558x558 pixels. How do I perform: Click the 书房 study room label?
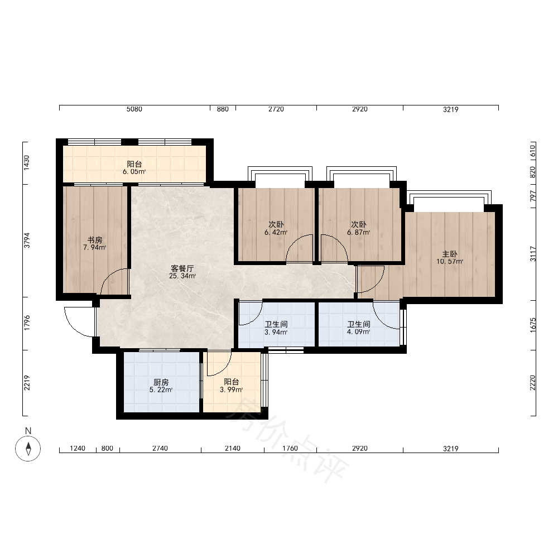[95, 240]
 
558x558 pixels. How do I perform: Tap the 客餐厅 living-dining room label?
[182, 268]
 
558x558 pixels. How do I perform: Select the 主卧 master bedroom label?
[450, 254]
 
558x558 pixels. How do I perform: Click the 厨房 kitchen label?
[161, 382]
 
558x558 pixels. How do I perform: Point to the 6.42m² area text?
[276, 232]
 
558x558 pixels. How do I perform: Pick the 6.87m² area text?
[359, 232]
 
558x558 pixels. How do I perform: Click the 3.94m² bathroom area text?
[276, 333]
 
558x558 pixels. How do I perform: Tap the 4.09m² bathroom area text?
[359, 333]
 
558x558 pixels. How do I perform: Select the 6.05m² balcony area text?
[134, 171]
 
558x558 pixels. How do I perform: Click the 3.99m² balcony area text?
[232, 389]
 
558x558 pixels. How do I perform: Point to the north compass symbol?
[28, 448]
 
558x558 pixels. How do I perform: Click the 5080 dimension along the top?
[134, 109]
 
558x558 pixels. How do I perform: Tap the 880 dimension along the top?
[223, 109]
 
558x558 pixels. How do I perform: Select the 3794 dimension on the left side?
[27, 240]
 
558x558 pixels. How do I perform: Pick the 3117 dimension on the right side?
[533, 254]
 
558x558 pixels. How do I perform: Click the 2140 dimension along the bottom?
[232, 449]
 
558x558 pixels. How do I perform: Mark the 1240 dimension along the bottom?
[78, 449]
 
